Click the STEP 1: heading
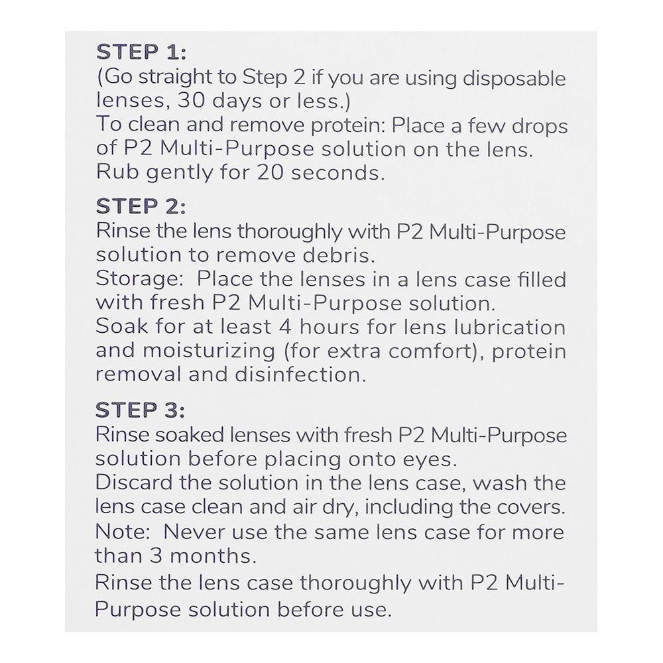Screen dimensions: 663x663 [x=141, y=52]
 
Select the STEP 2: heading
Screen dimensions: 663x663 [x=141, y=206]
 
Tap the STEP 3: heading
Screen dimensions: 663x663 [x=141, y=409]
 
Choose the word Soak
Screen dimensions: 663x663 [x=118, y=328]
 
